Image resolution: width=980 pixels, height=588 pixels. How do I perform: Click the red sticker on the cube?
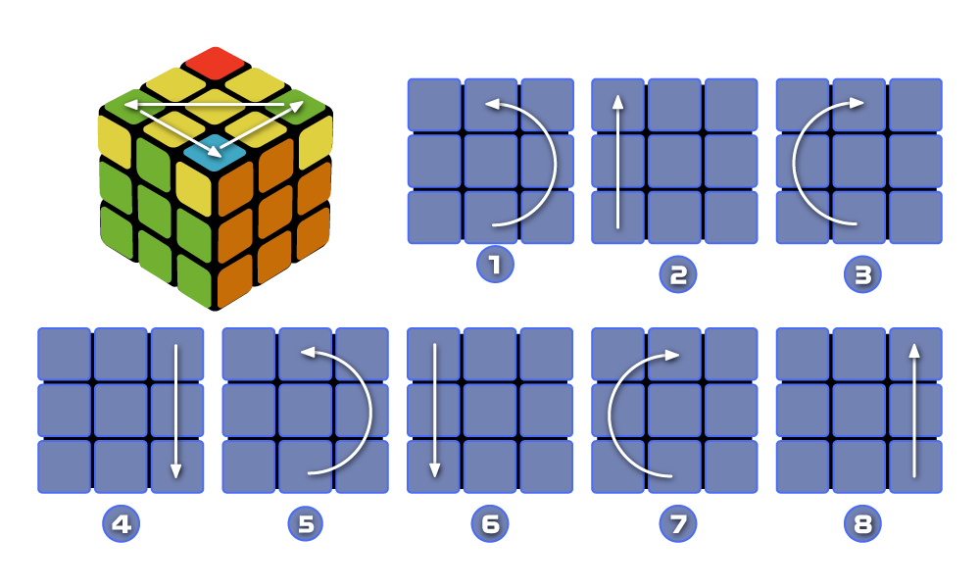[215, 62]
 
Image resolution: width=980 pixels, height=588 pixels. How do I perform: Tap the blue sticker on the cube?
[215, 153]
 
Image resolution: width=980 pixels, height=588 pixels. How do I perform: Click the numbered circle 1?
[495, 265]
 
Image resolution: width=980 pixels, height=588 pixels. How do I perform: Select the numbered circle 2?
[677, 274]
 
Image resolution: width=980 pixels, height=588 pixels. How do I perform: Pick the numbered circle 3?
[862, 274]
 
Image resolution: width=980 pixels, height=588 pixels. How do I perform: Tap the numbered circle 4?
[121, 523]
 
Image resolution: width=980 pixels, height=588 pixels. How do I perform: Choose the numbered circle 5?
[306, 523]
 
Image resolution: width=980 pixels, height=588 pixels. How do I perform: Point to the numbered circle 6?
[490, 523]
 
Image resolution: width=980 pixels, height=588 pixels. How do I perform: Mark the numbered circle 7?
[677, 523]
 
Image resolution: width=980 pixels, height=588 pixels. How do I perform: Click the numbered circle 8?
[862, 523]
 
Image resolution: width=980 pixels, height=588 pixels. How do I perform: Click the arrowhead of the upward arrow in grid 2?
[617, 98]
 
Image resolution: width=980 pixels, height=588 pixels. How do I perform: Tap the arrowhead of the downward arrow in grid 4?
[176, 472]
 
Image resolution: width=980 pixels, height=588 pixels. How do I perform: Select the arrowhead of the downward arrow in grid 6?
[434, 472]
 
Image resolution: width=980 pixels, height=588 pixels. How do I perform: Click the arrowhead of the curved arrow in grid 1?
[491, 102]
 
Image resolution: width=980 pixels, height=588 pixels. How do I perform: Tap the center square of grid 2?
[674, 162]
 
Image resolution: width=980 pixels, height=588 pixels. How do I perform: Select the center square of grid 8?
[858, 411]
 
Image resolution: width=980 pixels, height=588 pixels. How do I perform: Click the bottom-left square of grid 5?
[249, 466]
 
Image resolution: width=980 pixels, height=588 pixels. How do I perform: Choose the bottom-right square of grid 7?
[731, 466]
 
